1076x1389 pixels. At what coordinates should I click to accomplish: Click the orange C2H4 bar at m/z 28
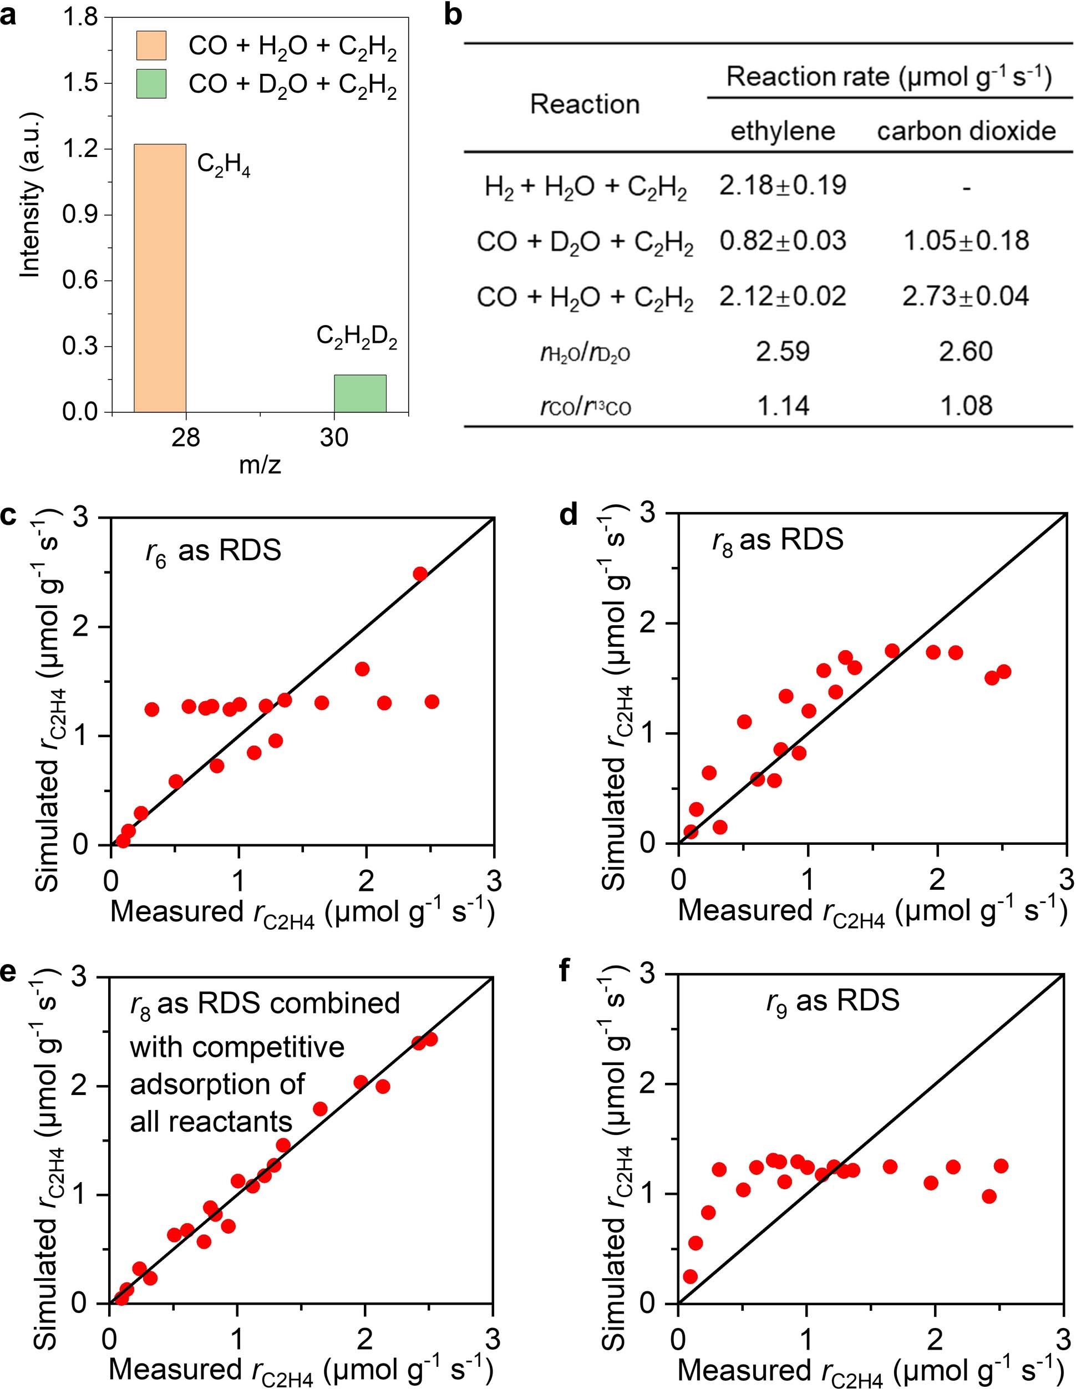click(160, 278)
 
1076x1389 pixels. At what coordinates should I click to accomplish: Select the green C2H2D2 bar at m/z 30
click(360, 393)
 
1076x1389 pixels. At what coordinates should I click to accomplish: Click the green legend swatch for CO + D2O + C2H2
click(151, 84)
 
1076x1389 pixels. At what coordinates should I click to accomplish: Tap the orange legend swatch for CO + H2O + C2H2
click(151, 46)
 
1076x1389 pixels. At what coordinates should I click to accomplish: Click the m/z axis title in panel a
click(260, 465)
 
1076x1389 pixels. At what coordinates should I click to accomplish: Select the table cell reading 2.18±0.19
click(782, 186)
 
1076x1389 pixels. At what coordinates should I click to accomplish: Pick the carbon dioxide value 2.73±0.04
click(965, 296)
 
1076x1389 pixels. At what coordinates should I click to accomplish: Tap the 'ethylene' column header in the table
click(782, 131)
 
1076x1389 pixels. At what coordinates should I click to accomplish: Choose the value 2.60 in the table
click(965, 352)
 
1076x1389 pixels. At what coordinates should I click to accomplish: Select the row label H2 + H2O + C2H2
click(585, 187)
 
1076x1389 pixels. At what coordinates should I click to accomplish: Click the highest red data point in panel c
click(420, 574)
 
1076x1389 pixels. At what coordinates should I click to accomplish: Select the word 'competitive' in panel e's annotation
click(237, 1047)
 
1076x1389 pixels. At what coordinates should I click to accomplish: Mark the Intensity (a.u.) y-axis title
click(30, 196)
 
